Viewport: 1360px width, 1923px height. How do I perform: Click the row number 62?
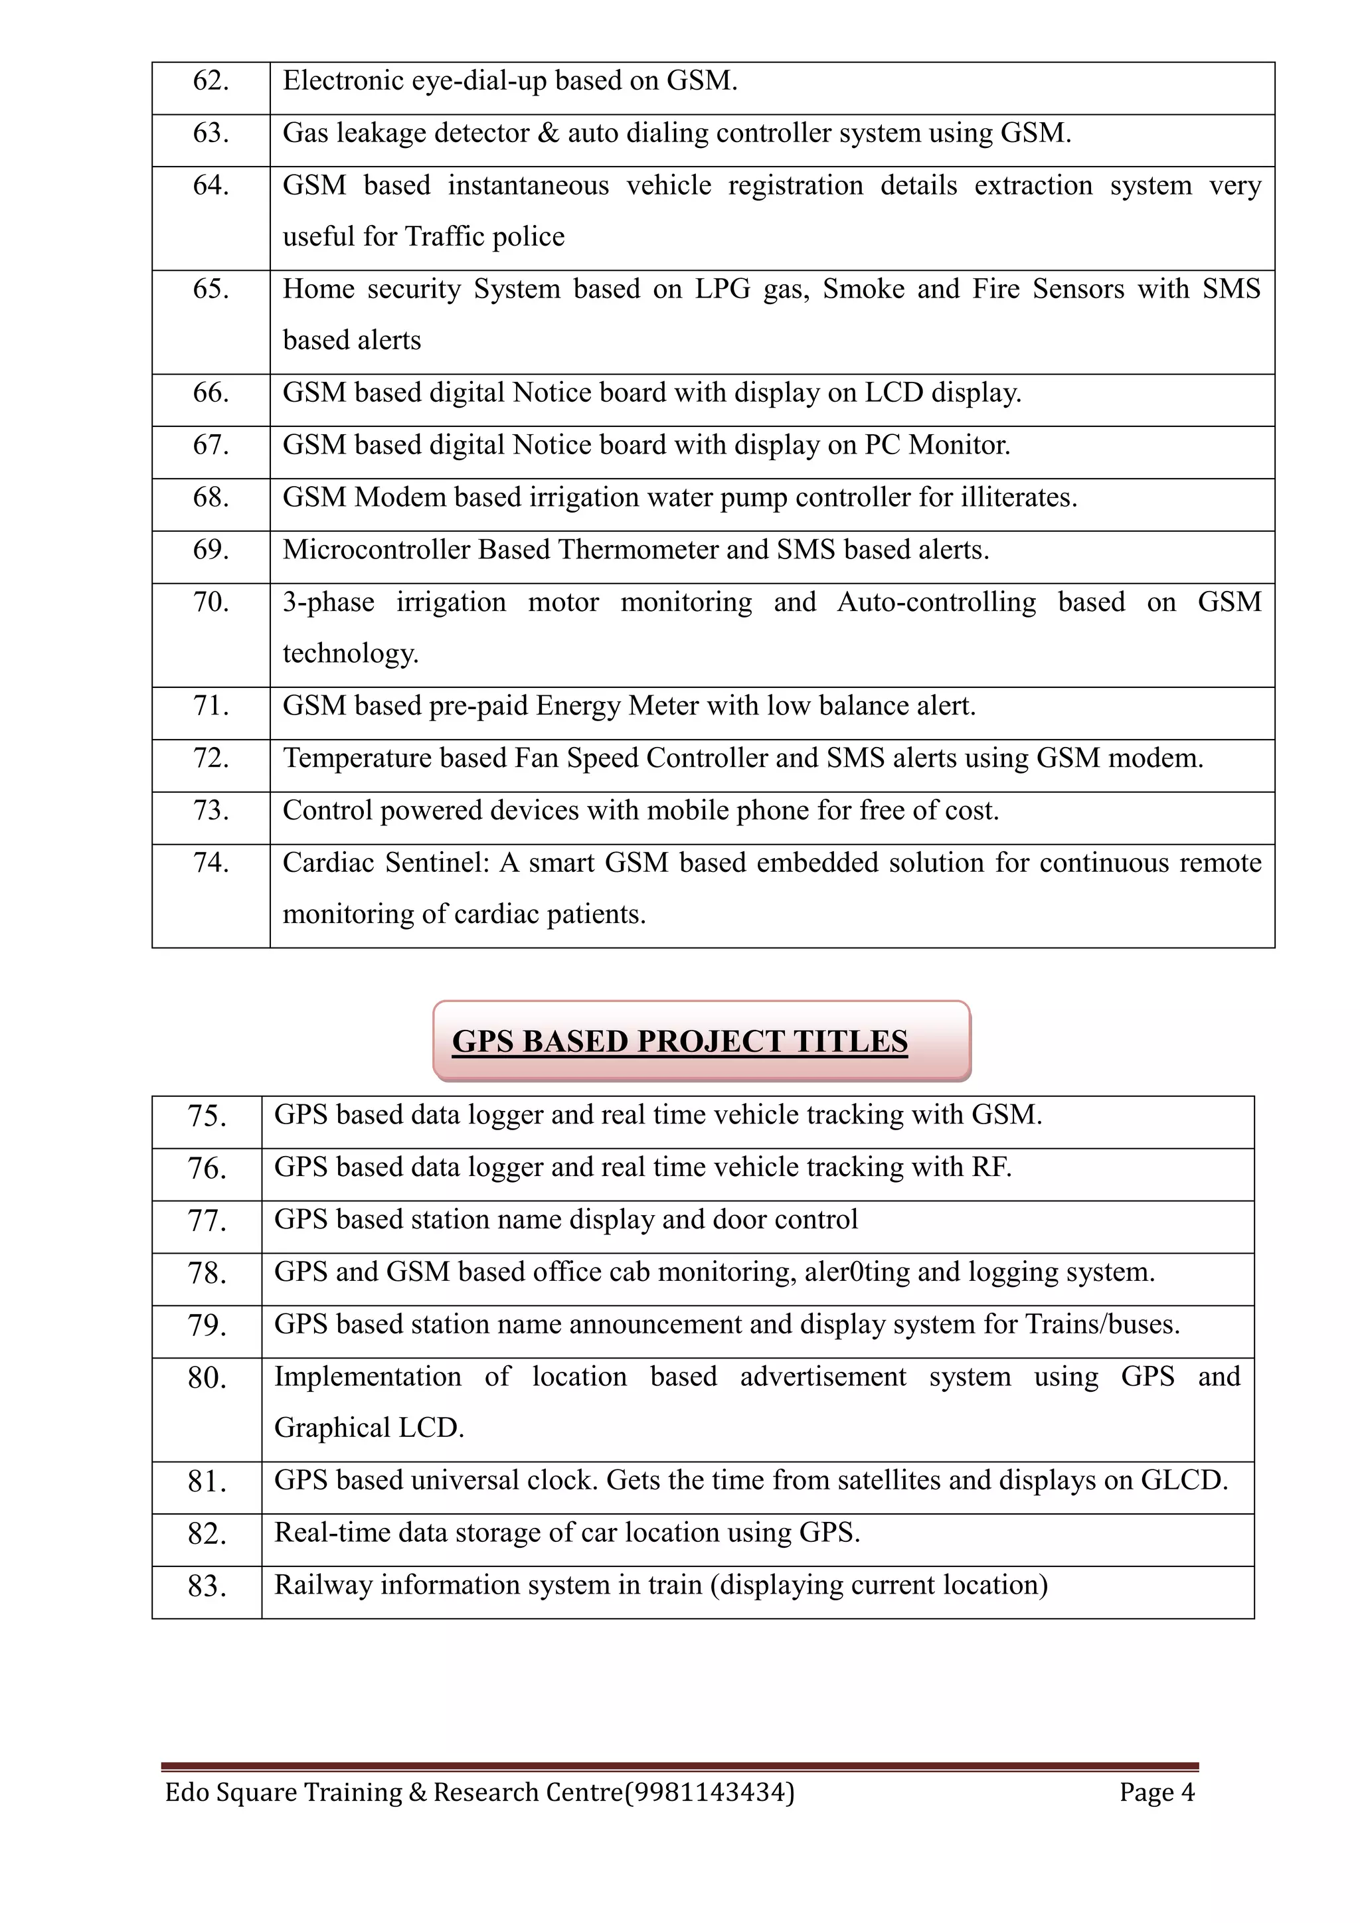(x=211, y=81)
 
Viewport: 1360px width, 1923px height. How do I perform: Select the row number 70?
(x=211, y=602)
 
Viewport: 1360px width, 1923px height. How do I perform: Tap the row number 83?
(x=207, y=1586)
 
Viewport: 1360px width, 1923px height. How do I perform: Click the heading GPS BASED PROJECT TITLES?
(x=679, y=1041)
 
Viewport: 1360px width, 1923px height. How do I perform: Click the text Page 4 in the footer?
(x=1157, y=1792)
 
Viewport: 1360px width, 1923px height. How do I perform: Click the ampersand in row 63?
(x=548, y=133)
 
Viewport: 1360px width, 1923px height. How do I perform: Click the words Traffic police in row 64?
(x=484, y=237)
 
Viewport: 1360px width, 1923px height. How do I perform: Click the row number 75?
(x=207, y=1116)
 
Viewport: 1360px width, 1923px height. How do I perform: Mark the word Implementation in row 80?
(x=368, y=1377)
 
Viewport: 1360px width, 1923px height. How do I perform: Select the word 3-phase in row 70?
(x=328, y=602)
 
